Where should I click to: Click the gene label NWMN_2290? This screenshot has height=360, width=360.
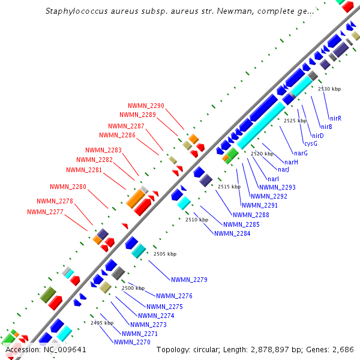pyautogui.click(x=146, y=106)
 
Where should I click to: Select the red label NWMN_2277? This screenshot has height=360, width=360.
pyautogui.click(x=45, y=212)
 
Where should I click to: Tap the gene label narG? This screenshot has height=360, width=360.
pyautogui.click(x=301, y=153)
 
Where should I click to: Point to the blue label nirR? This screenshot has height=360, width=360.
pyautogui.click(x=335, y=118)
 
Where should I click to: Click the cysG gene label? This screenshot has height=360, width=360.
pyautogui.click(x=310, y=144)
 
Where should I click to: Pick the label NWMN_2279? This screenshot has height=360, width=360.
pyautogui.click(x=189, y=280)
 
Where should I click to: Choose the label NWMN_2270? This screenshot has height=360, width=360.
pyautogui.click(x=132, y=342)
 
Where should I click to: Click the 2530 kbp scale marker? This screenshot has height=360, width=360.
pyautogui.click(x=329, y=89)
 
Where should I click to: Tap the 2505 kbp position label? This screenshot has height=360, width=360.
pyautogui.click(x=165, y=254)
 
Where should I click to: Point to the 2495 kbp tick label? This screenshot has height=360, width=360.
pyautogui.click(x=102, y=323)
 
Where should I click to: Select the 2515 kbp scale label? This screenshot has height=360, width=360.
pyautogui.click(x=229, y=187)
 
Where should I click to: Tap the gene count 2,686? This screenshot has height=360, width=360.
pyautogui.click(x=343, y=349)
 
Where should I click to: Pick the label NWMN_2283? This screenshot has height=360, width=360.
pyautogui.click(x=103, y=150)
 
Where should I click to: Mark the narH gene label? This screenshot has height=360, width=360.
pyautogui.click(x=292, y=162)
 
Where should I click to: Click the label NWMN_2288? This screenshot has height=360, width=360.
pyautogui.click(x=251, y=214)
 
